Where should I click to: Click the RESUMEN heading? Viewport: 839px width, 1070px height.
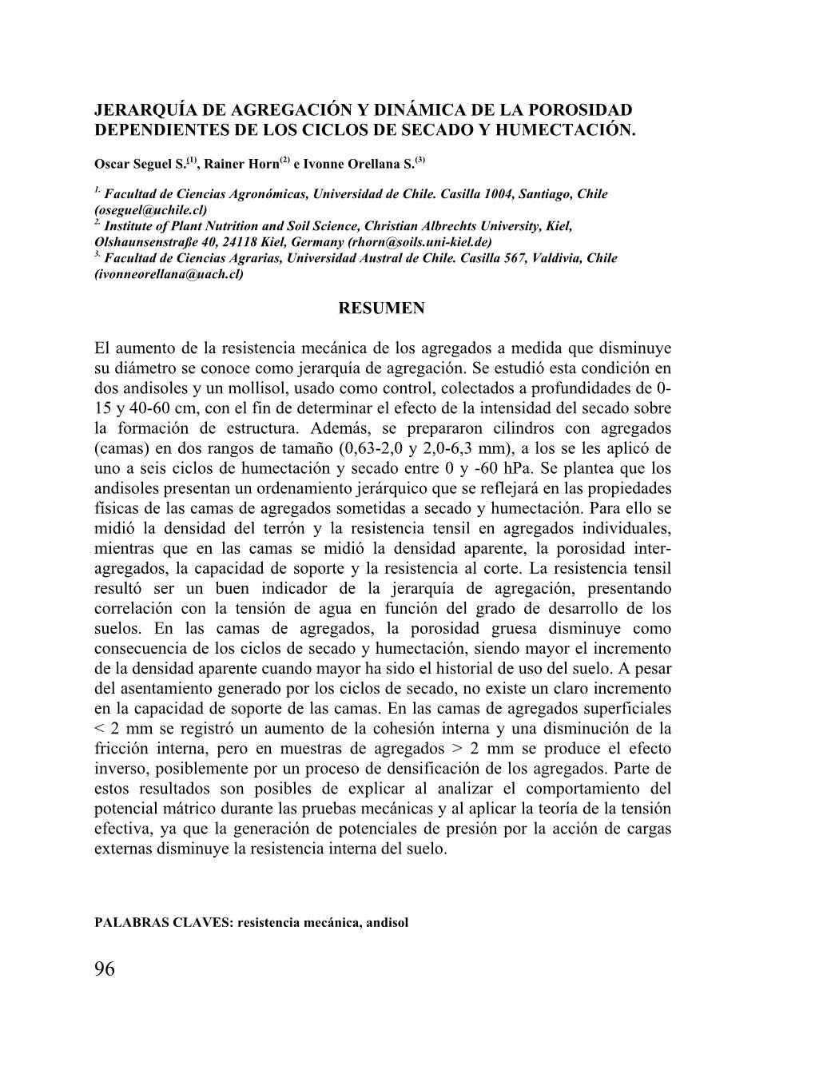point(382,308)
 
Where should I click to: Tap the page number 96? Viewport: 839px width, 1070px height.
point(105,969)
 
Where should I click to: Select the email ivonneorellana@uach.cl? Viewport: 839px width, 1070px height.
point(169,274)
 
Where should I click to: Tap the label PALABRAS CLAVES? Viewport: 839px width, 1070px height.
point(162,923)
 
